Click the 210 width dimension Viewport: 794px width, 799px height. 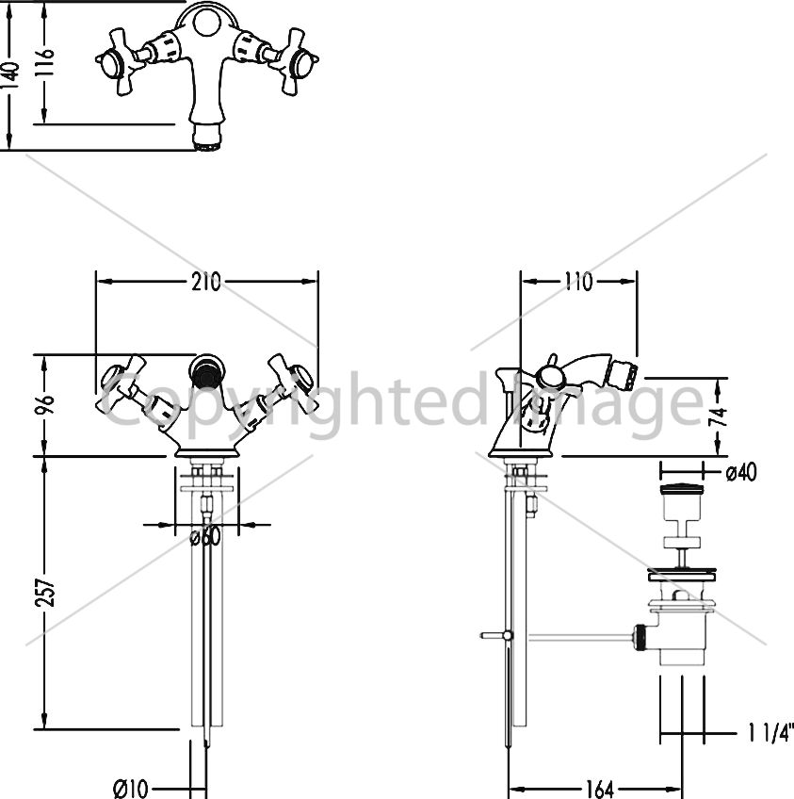[x=206, y=282]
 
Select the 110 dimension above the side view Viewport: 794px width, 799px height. [x=578, y=282]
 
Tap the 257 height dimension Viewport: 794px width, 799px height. [x=45, y=592]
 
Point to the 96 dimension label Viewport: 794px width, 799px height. [x=45, y=404]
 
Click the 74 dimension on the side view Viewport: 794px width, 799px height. [x=718, y=417]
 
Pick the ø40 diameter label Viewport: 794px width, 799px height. [x=741, y=472]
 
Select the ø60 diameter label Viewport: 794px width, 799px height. [x=205, y=536]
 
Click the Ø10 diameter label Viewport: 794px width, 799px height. [x=130, y=789]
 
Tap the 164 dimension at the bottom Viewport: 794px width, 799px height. [x=600, y=790]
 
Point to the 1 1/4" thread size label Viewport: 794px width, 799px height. [x=770, y=733]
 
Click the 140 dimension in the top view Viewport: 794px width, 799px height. [x=10, y=75]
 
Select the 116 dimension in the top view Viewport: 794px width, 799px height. [x=45, y=61]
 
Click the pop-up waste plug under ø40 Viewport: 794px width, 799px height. [x=682, y=490]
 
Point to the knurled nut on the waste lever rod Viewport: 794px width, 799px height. [x=640, y=636]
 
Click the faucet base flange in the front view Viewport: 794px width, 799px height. [x=207, y=452]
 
